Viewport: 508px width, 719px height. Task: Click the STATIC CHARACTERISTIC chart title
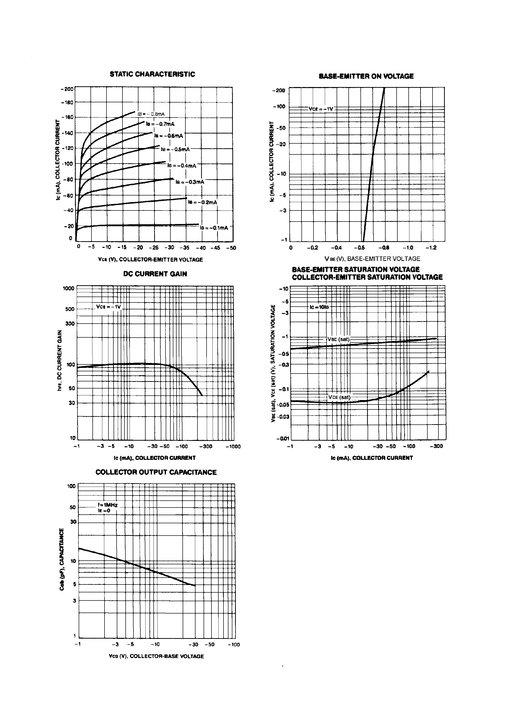point(152,75)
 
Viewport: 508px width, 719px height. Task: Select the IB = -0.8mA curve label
point(151,114)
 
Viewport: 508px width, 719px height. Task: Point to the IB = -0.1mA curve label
point(214,228)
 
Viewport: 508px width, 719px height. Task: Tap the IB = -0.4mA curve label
point(182,166)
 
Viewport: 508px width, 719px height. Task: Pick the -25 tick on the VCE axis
point(153,248)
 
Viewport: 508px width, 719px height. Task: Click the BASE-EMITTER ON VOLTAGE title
point(366,76)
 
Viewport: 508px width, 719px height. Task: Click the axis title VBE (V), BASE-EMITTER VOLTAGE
point(372,259)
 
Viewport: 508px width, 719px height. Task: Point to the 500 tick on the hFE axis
point(70,309)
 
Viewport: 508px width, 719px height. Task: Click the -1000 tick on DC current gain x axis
point(233,447)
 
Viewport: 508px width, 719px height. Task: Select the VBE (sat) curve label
point(338,339)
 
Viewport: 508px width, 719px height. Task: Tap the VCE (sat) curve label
point(339,397)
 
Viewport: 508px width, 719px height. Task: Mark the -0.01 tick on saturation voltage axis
point(283,439)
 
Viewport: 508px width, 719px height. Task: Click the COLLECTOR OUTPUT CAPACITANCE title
point(156,472)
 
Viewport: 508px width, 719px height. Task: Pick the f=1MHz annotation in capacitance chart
point(108,505)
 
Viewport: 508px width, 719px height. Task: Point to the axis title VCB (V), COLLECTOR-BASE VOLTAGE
point(156,656)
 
